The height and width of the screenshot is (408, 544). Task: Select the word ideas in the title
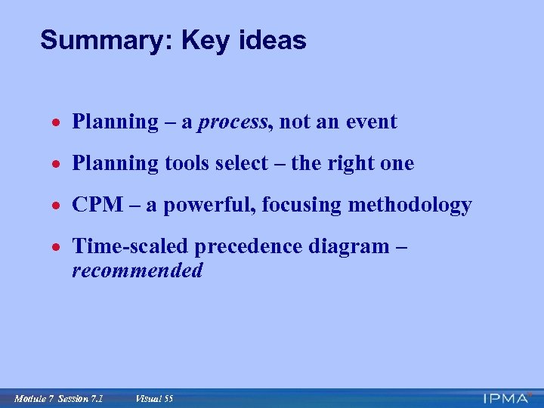pos(274,40)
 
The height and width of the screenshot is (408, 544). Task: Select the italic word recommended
pos(138,270)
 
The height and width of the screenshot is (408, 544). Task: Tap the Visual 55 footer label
pos(154,397)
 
